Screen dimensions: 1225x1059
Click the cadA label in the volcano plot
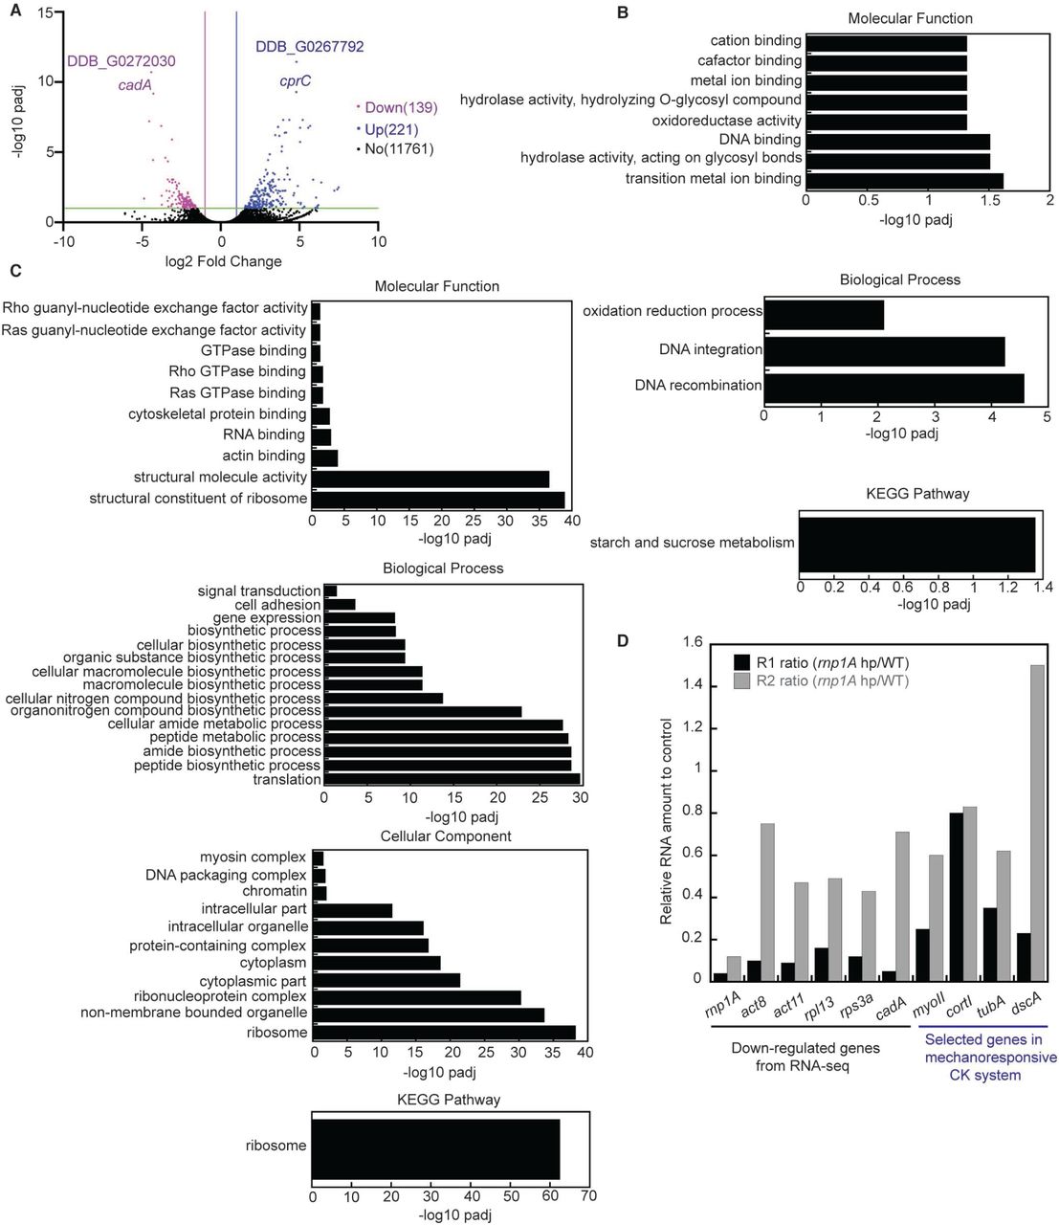tap(135, 85)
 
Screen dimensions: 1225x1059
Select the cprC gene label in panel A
tap(295, 81)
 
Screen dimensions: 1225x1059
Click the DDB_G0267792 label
tap(309, 46)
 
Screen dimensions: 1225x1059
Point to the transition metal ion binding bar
tap(904, 180)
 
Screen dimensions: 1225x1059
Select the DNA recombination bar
tap(894, 387)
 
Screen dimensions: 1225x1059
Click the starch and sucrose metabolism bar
tap(916, 544)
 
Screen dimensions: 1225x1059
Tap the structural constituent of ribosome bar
tap(438, 499)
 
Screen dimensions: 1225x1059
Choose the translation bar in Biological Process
tap(452, 779)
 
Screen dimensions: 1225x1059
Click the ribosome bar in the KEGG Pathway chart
tap(435, 1147)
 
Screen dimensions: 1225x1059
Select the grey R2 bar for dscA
tap(1036, 822)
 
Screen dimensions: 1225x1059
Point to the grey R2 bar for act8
tap(767, 901)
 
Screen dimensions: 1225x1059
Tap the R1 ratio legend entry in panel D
tap(820, 661)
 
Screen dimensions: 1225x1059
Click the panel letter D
tap(623, 641)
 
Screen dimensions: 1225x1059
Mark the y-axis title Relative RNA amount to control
tap(667, 821)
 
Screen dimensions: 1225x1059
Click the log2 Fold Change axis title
tap(223, 261)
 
